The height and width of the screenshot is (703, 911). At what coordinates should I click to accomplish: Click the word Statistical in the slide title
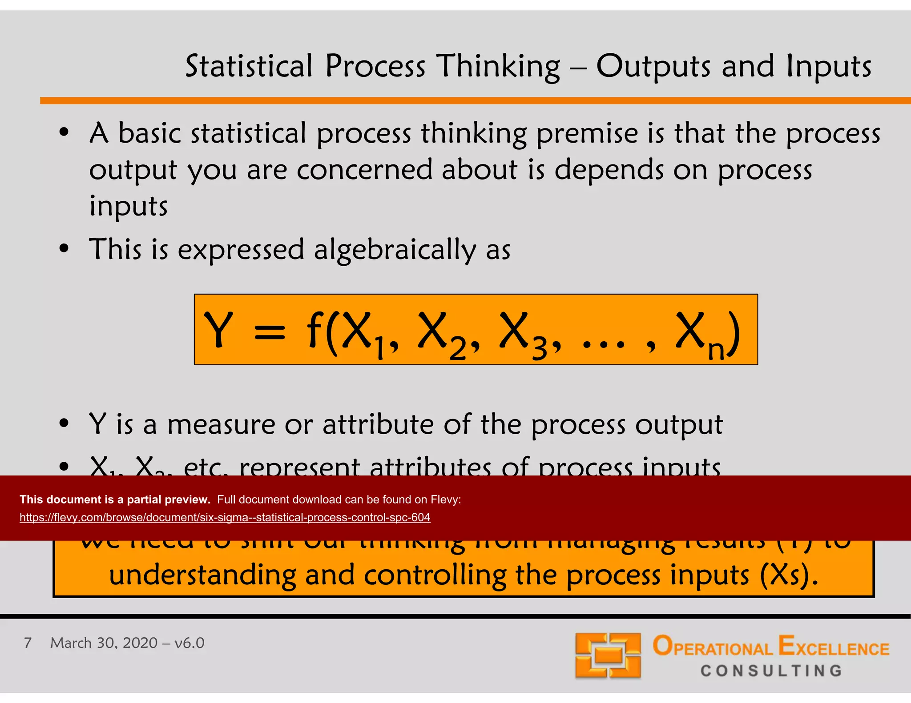(x=249, y=66)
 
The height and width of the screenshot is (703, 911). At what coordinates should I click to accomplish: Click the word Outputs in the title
(x=653, y=66)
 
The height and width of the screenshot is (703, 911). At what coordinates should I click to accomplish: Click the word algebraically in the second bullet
(x=395, y=250)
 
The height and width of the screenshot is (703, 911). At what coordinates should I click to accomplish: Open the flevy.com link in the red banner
(x=225, y=518)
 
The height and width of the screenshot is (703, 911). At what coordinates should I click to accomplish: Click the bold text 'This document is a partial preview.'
(x=115, y=499)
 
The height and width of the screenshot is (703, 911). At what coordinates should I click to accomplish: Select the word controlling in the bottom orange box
(x=435, y=575)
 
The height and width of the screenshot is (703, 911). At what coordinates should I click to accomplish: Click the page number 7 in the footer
(x=28, y=643)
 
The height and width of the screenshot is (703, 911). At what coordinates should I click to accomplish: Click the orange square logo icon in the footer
(x=608, y=655)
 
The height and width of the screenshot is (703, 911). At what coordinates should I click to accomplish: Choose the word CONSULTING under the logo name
(x=771, y=671)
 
